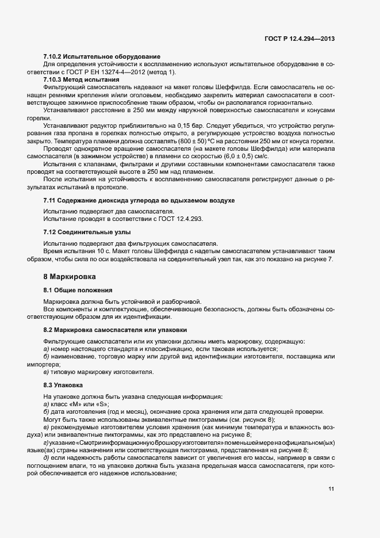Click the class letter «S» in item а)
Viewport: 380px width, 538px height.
coord(101,405)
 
